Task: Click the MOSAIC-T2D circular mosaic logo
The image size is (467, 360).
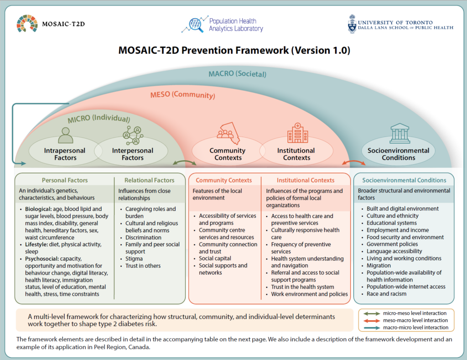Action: click(27, 23)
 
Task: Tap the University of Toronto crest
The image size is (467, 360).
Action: click(352, 24)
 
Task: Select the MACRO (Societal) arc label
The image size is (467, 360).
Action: click(237, 73)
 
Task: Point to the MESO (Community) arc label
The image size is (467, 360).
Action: click(182, 95)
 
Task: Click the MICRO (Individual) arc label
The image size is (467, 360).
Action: click(99, 118)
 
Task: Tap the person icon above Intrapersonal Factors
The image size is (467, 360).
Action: click(66, 136)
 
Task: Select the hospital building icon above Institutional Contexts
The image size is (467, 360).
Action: click(297, 133)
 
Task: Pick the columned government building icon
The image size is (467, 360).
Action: click(400, 133)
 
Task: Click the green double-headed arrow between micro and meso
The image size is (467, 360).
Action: click(185, 162)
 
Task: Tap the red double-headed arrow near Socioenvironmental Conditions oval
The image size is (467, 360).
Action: click(353, 162)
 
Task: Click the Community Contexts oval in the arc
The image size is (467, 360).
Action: click(228, 151)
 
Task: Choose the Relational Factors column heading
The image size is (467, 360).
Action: click(149, 180)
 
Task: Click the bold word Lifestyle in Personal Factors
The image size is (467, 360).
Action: click(36, 245)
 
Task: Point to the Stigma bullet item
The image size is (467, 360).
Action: click(134, 259)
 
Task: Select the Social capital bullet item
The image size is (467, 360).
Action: click(215, 258)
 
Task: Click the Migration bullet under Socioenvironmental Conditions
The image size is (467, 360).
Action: click(379, 266)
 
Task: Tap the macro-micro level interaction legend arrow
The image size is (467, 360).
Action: click(369, 328)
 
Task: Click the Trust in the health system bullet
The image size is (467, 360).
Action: click(303, 287)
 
